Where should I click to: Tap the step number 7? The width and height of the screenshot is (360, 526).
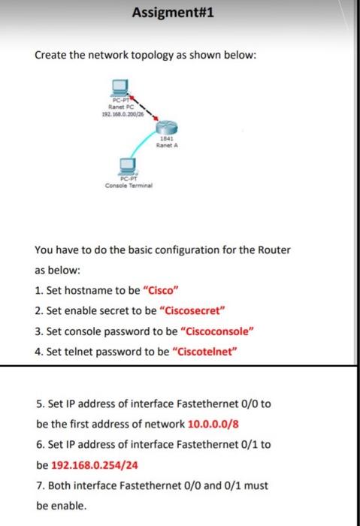39,485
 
